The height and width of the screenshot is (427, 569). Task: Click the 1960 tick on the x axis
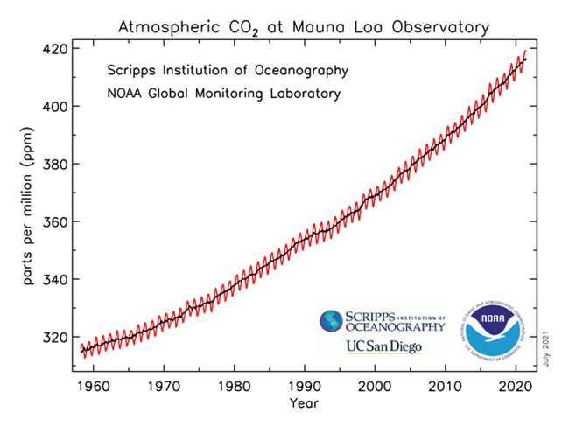tap(90, 384)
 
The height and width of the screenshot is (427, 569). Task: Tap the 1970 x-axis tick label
tap(161, 384)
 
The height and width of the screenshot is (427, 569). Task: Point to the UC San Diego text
tap(383, 347)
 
